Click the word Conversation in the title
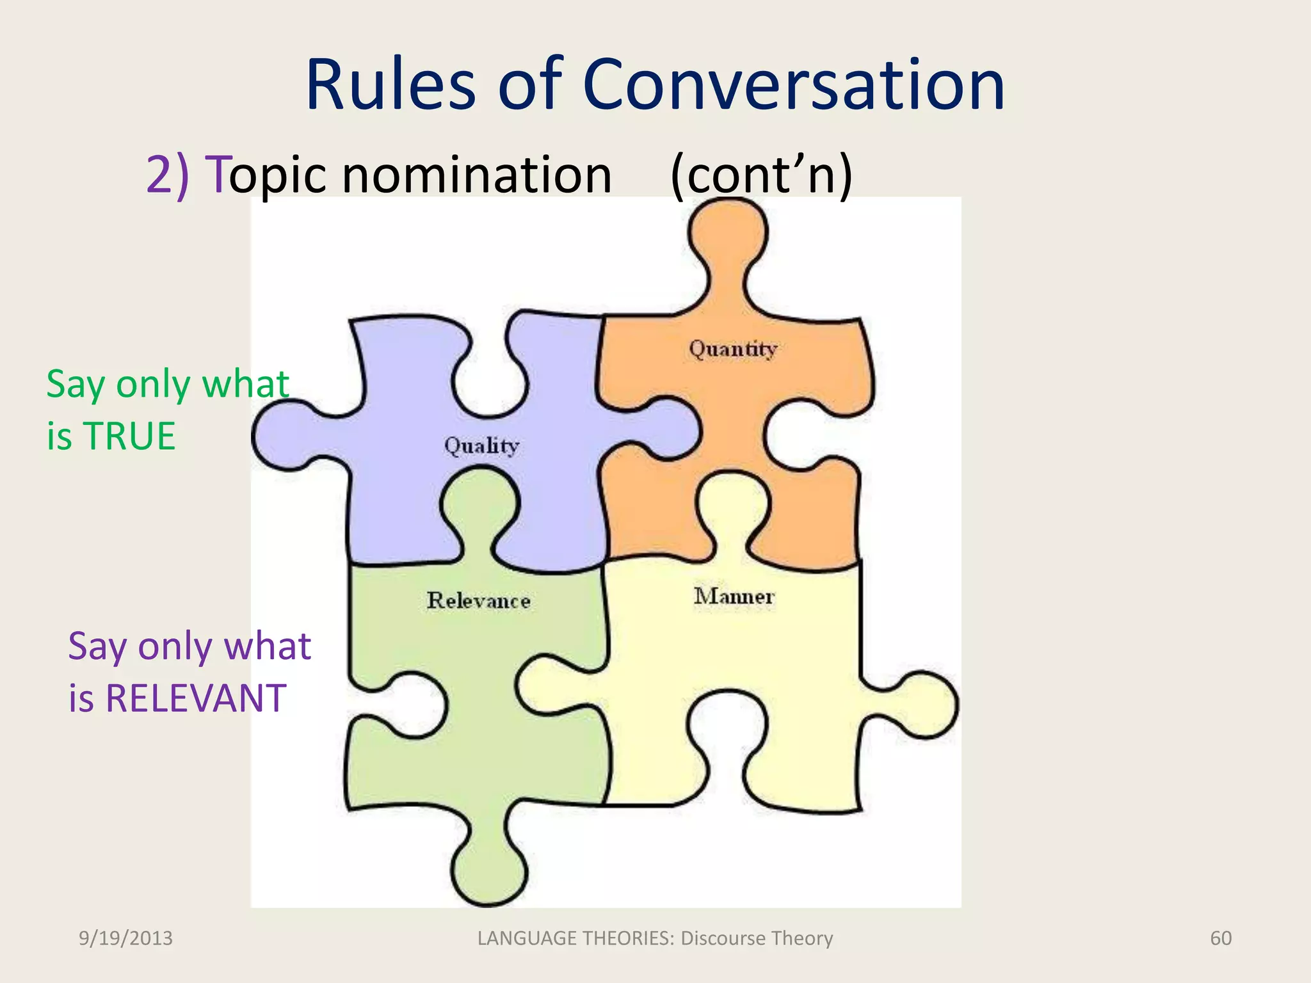tap(794, 86)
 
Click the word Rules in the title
tap(391, 86)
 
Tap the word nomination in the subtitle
tap(477, 174)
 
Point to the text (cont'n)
tap(761, 174)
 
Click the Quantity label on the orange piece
tap(733, 349)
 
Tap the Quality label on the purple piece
tap(481, 445)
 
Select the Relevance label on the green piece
tap(479, 600)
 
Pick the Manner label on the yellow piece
tap(734, 596)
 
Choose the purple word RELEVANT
tap(196, 698)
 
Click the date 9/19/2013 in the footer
tap(125, 938)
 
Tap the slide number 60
tap(1221, 938)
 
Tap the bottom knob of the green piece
tap(489, 870)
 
